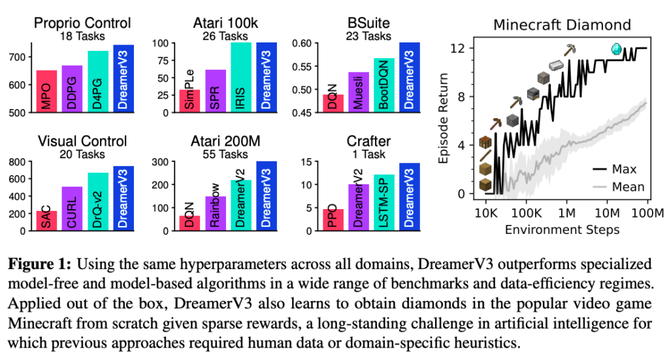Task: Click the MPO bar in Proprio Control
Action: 46,91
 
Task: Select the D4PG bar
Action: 98,82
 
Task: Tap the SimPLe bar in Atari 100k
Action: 189,101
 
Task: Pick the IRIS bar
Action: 241,77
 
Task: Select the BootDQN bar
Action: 384,85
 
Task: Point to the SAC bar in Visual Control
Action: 46,221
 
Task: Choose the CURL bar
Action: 72,208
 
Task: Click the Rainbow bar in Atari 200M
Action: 215,213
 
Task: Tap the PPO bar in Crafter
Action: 333,220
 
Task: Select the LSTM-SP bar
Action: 384,203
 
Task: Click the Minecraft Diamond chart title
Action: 562,25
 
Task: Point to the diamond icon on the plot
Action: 615,48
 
